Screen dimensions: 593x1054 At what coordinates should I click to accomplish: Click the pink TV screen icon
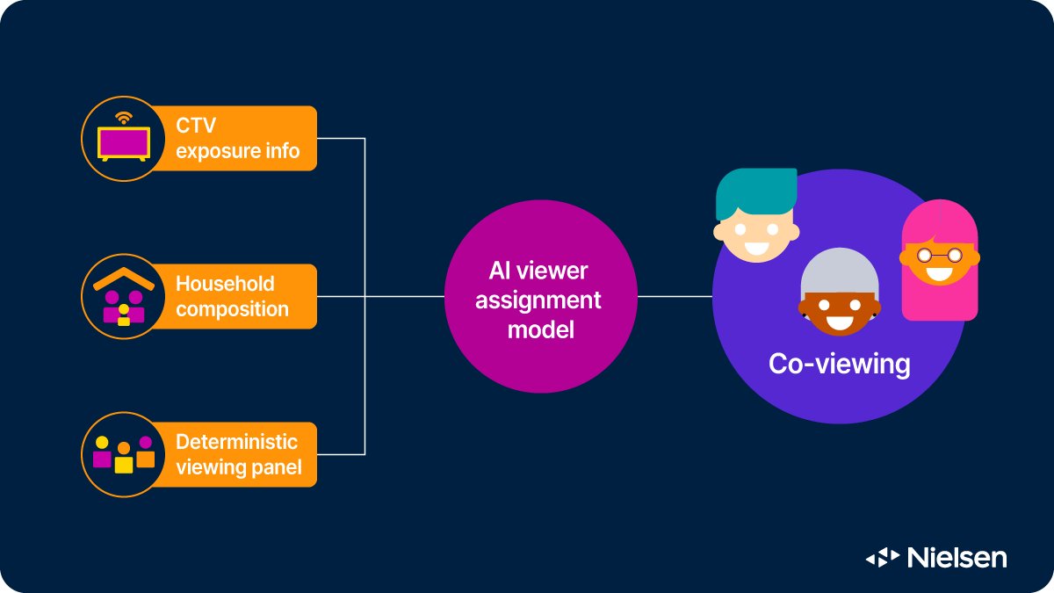pos(124,141)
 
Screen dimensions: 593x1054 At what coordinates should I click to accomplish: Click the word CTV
pos(195,126)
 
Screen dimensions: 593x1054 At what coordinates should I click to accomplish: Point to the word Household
pos(225,284)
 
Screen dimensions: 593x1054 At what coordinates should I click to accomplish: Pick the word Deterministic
pos(236,442)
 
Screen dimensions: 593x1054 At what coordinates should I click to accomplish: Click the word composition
pos(232,309)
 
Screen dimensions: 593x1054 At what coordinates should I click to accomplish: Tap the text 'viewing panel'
pos(238,467)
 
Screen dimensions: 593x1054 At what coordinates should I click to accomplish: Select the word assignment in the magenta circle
pos(538,300)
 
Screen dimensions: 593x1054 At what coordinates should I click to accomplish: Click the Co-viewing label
pos(839,364)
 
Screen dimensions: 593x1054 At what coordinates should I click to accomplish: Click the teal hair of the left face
pos(755,187)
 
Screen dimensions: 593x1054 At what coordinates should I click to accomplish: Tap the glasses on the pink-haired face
pos(939,256)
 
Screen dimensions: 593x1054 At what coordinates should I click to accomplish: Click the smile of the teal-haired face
pos(755,246)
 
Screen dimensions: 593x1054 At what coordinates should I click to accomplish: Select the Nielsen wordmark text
pos(957,557)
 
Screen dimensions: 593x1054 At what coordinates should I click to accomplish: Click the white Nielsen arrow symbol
pos(883,557)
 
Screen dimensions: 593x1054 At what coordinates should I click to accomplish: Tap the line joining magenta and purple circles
pos(675,296)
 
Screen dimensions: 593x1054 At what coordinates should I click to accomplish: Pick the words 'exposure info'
pos(237,151)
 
